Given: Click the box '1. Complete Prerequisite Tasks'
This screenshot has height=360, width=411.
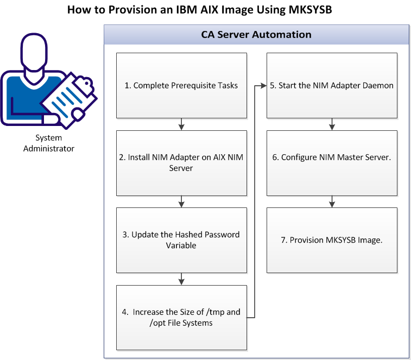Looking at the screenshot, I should pos(181,85).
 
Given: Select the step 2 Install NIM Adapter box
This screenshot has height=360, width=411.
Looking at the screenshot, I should pos(181,163).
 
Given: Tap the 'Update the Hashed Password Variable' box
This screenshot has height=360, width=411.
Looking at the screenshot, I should pos(181,240).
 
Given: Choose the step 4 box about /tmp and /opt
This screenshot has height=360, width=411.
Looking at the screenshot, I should pos(181,318).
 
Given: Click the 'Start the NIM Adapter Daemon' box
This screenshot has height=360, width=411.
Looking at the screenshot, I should pos(332,85).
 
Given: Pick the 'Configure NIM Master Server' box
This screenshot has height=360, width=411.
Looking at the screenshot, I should pos(332,163).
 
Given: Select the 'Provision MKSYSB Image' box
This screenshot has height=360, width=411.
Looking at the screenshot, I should pos(332,240).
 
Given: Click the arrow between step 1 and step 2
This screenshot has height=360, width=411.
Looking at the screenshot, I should pos(181,124).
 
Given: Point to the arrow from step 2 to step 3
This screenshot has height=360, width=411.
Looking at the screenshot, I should pos(181,201).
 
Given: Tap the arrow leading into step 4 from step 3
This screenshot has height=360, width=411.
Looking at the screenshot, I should pos(181,279).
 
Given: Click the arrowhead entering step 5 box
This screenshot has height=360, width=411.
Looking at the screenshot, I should pos(263,85).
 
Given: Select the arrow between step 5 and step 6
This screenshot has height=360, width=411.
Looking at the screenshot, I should pos(332,124).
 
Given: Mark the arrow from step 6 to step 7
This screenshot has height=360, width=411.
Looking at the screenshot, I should pos(332,201).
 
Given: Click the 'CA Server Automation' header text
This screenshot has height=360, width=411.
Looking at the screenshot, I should pos(256,35).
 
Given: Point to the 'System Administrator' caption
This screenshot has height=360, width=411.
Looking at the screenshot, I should pos(49,143).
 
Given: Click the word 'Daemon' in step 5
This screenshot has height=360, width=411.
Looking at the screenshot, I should pos(379,85).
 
